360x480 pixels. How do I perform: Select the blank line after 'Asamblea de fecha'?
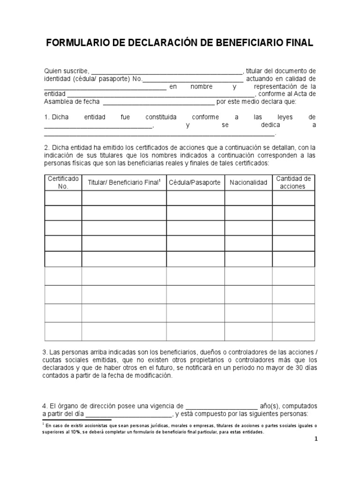coord(158,102)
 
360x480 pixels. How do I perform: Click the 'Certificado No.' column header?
coord(63,182)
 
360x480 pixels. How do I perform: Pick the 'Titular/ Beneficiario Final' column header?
coord(124,182)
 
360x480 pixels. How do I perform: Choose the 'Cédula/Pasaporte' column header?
coord(195,182)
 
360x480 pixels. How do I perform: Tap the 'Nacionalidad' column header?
coord(248,182)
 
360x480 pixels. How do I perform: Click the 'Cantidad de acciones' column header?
coord(293,182)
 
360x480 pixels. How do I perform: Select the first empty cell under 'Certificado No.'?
coord(63,198)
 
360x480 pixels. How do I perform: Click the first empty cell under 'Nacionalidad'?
coord(248,198)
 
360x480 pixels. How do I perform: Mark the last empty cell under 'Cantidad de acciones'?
coord(293,331)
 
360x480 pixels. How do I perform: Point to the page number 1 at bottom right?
coord(316,439)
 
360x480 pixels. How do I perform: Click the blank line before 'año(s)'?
coord(222,406)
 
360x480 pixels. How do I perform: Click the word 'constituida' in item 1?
coord(149,117)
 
